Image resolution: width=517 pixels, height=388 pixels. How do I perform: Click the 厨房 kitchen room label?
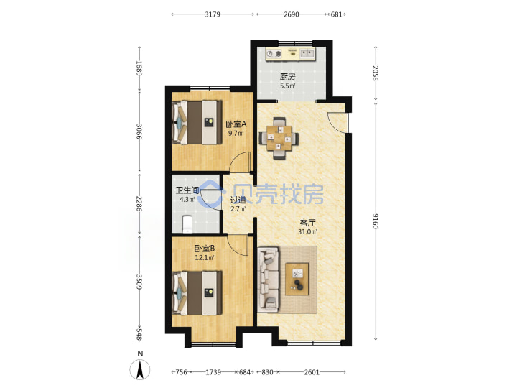pos(287,77)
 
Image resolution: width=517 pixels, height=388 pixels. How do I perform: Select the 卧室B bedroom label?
pos(205,249)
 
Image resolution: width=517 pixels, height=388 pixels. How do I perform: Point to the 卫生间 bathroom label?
pos(187,190)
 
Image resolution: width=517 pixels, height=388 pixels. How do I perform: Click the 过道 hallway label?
pos(238,200)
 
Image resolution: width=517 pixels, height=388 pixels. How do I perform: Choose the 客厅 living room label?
pos(307,223)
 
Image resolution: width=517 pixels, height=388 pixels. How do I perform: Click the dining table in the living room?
pos(279,138)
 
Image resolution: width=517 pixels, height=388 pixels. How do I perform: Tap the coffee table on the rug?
pos(297,279)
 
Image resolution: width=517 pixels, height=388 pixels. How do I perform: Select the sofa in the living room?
pos(269,280)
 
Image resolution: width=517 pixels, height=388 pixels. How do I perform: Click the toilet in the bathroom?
pos(187,223)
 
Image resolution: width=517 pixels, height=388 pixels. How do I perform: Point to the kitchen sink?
pos(307,53)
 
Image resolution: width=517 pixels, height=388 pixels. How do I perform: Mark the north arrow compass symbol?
pos(140,369)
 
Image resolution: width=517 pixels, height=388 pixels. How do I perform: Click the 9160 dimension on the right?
pos(376,221)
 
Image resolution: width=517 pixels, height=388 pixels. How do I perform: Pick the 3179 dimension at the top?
pos(213,14)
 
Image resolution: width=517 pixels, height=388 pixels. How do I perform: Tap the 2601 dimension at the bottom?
pos(312,372)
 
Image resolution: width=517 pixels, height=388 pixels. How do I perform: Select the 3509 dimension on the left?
pos(139,282)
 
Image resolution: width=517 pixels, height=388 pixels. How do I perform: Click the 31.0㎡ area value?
pos(307,231)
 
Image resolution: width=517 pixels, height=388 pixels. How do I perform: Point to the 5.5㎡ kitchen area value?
pos(287,86)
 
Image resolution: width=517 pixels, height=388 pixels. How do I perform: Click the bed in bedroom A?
pos(197,122)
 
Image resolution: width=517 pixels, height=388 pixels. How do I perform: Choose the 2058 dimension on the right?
pos(376,73)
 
